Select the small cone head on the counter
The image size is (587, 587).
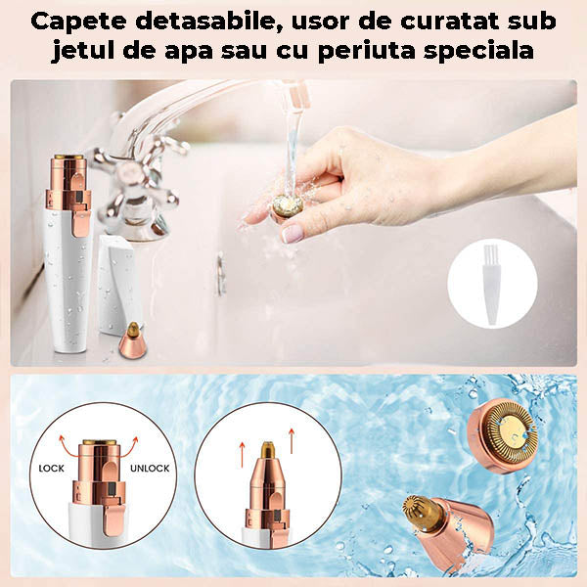[x=129, y=342]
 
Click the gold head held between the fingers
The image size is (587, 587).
[x=286, y=206]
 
